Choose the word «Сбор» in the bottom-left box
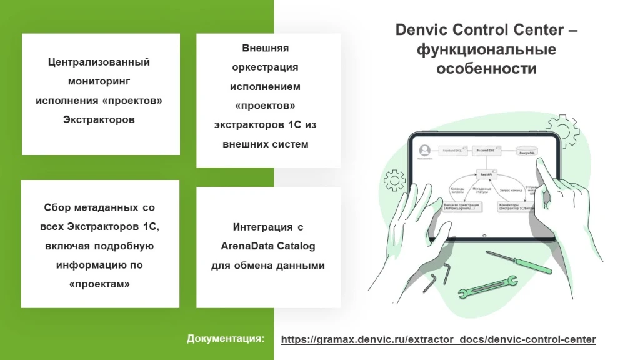59,207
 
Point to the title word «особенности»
486,69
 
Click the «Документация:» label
226,339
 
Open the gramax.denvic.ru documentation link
438,339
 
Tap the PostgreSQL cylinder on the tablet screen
527,151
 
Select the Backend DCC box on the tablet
486,151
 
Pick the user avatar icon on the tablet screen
426,151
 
